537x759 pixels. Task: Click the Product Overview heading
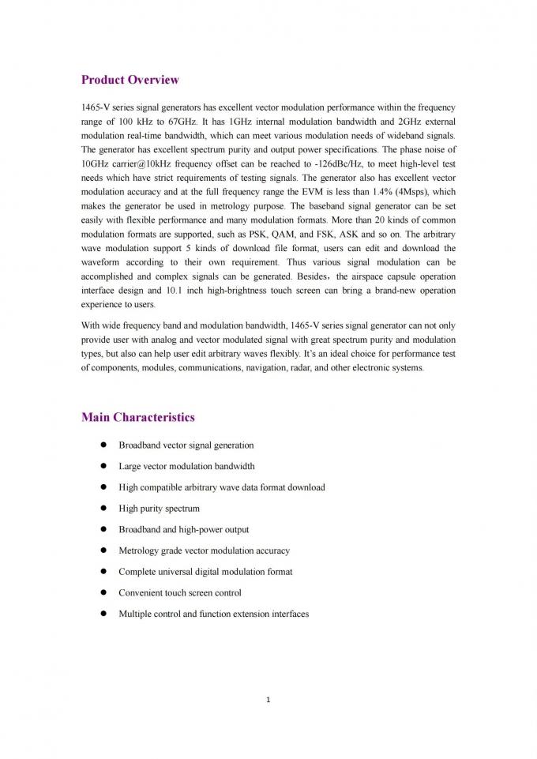[130, 80]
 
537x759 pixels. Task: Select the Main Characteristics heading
[137, 417]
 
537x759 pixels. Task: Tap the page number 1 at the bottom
[268, 698]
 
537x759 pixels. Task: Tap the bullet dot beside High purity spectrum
[103, 508]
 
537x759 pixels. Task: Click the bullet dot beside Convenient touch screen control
[103, 592]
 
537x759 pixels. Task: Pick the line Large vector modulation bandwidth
[186, 466]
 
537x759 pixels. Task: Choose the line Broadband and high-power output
[183, 529]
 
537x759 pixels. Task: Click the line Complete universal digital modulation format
[205, 571]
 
